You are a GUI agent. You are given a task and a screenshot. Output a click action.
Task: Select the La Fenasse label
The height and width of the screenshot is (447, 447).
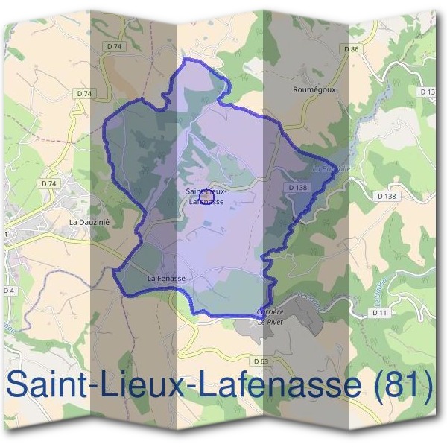165,278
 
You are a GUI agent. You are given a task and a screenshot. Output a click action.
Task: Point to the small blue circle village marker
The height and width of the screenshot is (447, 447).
208,197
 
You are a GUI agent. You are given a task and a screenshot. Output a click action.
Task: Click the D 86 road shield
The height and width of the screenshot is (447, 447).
352,48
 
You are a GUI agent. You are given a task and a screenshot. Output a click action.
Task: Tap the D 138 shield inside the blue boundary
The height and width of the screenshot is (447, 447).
297,188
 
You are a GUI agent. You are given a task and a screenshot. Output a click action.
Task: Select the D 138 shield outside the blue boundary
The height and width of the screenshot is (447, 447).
387,195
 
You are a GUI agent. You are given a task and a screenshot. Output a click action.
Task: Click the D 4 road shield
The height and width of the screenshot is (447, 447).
8,290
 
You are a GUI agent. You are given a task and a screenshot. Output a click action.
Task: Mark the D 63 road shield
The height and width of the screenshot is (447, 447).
260,361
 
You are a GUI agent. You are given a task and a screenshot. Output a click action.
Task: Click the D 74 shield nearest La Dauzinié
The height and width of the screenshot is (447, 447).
49,183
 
